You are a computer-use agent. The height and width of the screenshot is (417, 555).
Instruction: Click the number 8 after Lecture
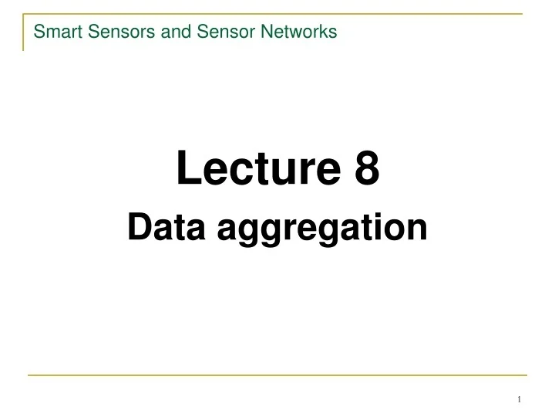click(x=367, y=170)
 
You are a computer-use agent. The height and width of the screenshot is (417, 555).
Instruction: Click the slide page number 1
click(x=520, y=398)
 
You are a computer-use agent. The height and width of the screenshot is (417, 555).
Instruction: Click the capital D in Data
click(x=137, y=228)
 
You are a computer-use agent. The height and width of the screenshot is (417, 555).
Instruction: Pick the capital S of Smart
click(x=39, y=32)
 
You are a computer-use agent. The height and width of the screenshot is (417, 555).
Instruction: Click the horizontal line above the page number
click(x=277, y=375)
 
